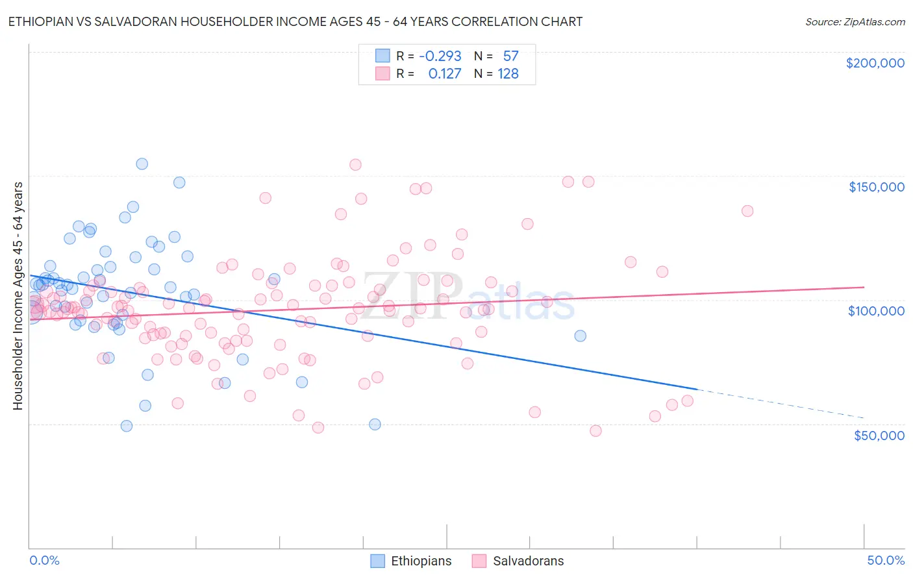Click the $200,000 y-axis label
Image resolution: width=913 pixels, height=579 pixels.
[x=875, y=63]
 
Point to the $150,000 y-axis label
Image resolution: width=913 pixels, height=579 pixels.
[x=876, y=187]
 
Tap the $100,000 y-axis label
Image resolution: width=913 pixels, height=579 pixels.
[x=876, y=311]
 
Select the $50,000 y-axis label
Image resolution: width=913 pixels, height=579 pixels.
[x=879, y=435]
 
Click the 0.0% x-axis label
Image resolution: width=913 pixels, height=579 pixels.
[x=44, y=560]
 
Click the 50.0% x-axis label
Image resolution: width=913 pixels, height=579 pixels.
[x=885, y=560]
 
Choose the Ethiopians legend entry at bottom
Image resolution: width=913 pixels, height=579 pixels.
[x=411, y=561]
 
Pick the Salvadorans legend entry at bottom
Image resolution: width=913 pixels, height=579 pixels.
[x=518, y=561]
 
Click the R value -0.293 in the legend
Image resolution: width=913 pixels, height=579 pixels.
[x=440, y=56]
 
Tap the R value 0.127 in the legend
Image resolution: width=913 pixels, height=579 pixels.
[x=444, y=73]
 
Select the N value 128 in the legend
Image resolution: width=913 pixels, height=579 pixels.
[x=508, y=73]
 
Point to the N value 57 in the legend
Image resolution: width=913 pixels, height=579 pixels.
[x=510, y=56]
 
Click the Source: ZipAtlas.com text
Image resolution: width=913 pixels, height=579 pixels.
[x=855, y=21]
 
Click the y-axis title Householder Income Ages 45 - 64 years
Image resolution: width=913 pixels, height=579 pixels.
[x=18, y=295]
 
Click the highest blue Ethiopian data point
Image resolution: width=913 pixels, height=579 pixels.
[x=142, y=164]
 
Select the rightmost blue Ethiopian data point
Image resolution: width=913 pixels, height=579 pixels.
[x=580, y=336]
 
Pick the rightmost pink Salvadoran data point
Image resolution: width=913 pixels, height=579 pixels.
[x=747, y=211]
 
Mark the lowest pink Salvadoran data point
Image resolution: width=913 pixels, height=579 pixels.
[x=595, y=430]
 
